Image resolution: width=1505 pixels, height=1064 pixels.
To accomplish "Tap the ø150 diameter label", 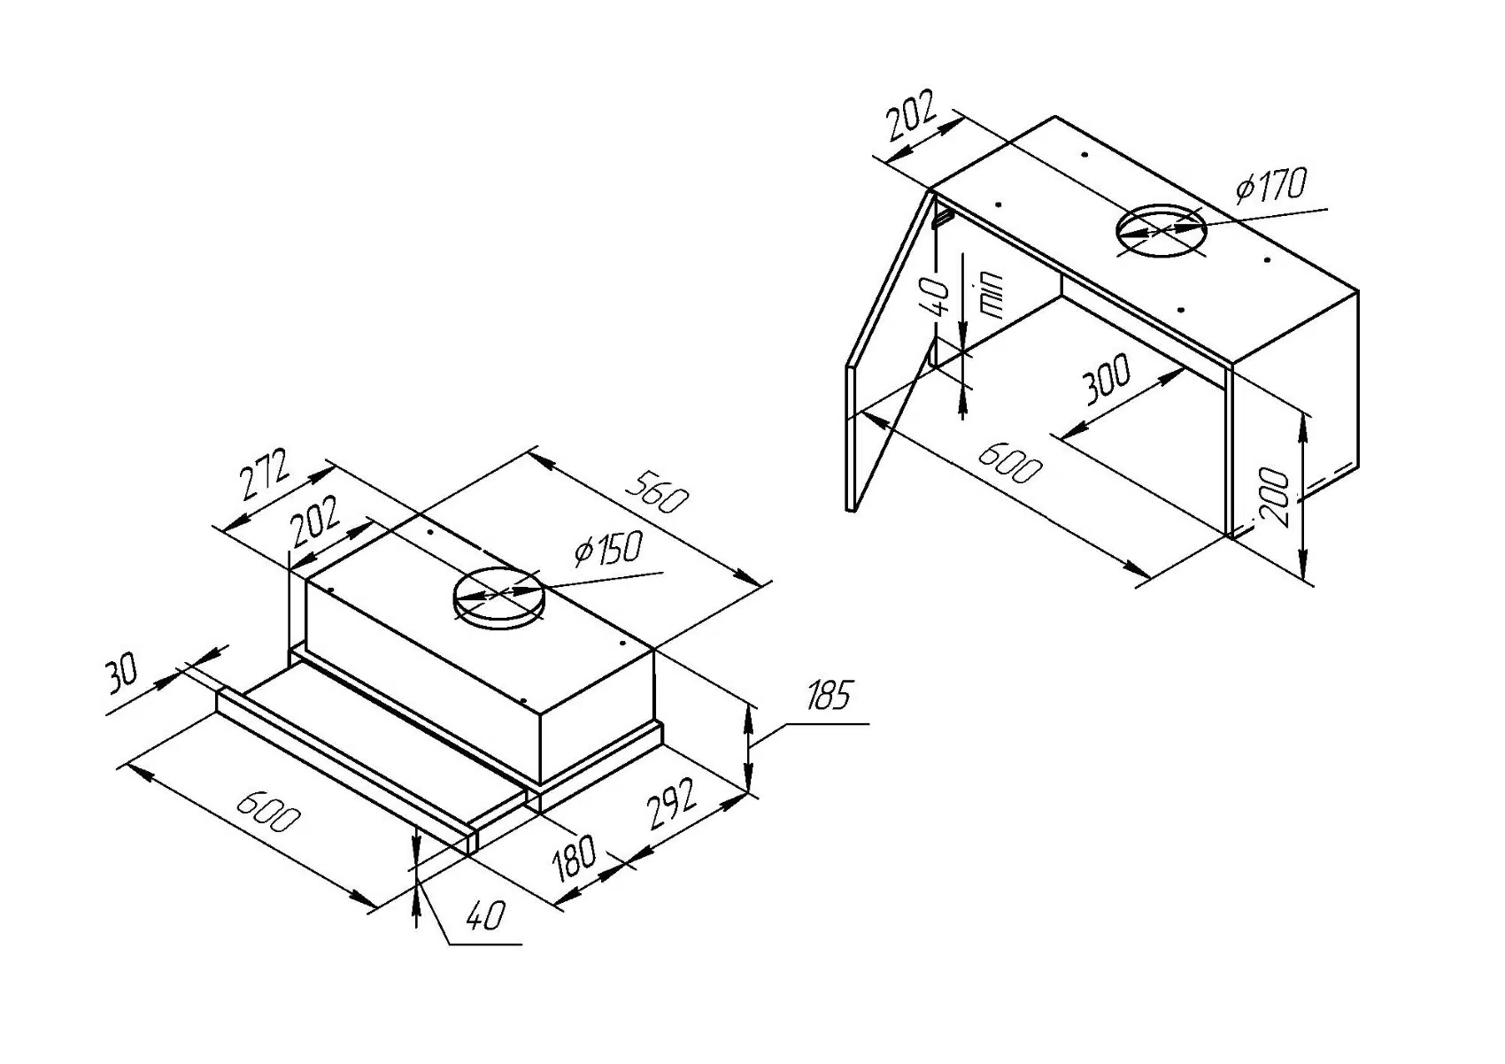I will point(607,550).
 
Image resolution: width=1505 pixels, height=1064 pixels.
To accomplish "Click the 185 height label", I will point(828,697).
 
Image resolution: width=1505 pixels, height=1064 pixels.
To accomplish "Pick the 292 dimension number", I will point(673,804).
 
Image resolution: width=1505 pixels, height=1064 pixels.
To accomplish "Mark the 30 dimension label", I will point(122,674).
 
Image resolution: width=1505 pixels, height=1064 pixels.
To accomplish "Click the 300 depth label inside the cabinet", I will point(1106,380).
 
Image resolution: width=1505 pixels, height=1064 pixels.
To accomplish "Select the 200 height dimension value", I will point(1275,497).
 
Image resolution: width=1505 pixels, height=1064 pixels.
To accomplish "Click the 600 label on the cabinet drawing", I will point(1008,462).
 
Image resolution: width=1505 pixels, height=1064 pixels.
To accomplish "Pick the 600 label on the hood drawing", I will point(263,810).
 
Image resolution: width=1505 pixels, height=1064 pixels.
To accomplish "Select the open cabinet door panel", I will point(890,354).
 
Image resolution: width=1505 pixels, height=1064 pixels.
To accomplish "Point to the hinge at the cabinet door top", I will point(944,213).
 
